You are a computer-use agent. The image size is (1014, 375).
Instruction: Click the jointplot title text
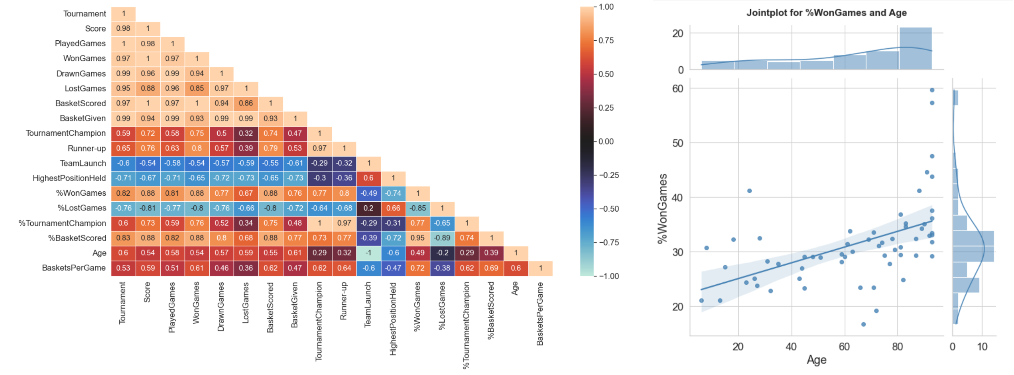826,13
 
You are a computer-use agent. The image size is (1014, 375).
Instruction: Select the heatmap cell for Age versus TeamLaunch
369,253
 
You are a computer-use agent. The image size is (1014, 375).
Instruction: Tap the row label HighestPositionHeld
69,178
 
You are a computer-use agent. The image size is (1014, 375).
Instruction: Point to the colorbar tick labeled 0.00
606,141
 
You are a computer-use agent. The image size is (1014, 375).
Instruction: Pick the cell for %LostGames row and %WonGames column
418,208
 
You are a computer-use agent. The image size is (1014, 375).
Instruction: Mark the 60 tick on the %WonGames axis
678,89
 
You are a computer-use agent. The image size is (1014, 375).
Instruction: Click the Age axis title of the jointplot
816,360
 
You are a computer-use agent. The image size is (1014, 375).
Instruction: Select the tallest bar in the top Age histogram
916,48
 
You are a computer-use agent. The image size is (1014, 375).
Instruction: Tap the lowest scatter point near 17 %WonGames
864,324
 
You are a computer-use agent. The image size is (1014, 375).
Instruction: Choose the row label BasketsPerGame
74,268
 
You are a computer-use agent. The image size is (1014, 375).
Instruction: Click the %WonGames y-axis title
662,208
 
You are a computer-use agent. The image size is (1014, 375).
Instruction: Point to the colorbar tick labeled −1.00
608,276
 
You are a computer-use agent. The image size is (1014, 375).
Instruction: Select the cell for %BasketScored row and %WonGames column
418,238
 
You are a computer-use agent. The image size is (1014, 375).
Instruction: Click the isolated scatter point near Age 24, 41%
750,191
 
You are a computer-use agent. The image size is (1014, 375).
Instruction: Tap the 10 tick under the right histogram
982,347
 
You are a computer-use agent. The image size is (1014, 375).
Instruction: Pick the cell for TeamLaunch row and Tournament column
123,163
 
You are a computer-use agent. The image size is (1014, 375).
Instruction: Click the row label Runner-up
87,149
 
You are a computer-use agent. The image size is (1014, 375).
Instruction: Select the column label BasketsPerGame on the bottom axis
540,314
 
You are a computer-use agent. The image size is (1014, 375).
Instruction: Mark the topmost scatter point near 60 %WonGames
932,90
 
